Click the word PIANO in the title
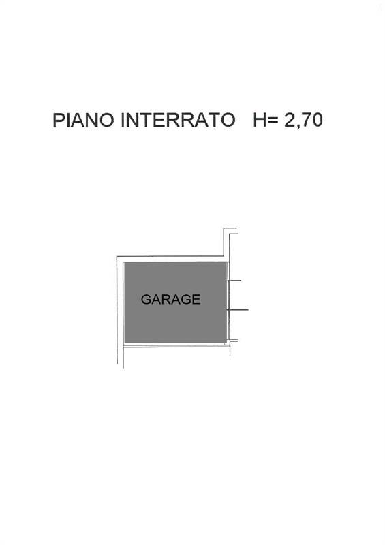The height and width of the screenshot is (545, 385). click(83, 121)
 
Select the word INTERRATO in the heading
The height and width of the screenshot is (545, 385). click(178, 121)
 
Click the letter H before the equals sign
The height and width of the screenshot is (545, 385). click(260, 121)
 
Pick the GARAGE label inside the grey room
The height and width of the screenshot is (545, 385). click(171, 299)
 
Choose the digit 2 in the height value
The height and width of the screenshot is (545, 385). click(290, 121)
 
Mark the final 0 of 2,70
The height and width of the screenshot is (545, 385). click(318, 121)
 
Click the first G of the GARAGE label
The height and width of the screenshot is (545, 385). click(146, 299)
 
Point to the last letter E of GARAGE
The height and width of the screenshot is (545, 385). click(196, 299)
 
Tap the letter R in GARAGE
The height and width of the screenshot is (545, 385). click(166, 299)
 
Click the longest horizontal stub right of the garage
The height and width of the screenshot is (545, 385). click(238, 309)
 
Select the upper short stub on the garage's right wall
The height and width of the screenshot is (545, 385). click(234, 280)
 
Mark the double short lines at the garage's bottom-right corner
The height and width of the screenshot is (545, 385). click(232, 340)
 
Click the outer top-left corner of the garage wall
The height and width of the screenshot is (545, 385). click(117, 257)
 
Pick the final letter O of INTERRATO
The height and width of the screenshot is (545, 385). click(228, 121)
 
